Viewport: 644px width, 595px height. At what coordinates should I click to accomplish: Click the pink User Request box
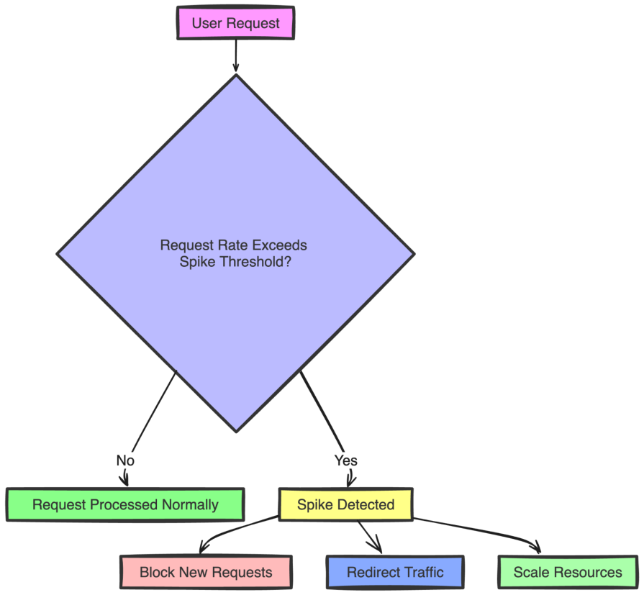(235, 23)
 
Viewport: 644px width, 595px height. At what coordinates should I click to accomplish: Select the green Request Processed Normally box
(125, 504)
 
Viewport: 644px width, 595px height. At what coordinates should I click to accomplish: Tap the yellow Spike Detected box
(345, 504)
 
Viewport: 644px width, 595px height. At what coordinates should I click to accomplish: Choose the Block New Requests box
(206, 573)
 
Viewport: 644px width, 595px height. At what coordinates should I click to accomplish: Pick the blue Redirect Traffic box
(395, 573)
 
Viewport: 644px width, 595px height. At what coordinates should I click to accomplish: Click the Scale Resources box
(568, 573)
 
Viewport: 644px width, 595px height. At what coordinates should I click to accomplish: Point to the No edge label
(125, 460)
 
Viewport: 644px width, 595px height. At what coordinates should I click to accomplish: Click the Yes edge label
(346, 460)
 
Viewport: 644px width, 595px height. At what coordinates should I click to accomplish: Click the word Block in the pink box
(156, 573)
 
